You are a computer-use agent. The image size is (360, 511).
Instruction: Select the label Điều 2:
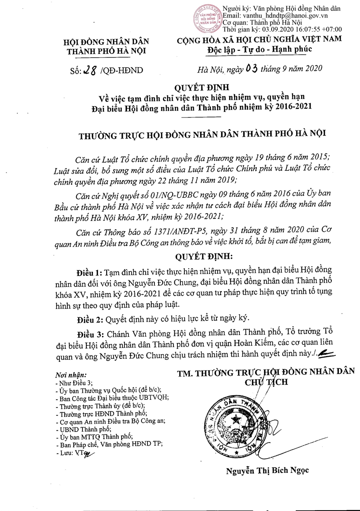point(89,319)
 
